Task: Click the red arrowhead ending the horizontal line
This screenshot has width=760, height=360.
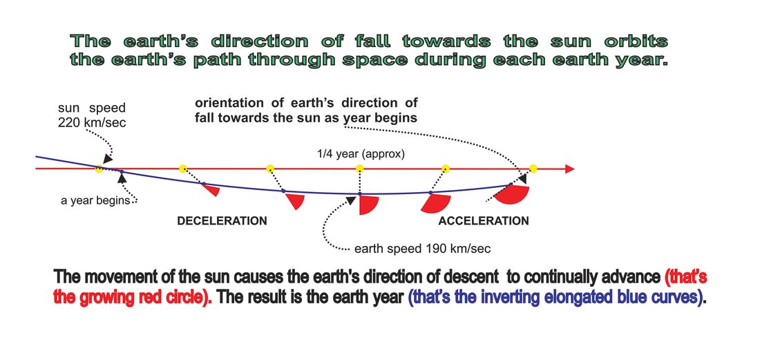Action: coord(570,169)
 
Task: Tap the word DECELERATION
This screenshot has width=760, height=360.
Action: coord(222,221)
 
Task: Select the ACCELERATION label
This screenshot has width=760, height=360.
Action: coord(484,221)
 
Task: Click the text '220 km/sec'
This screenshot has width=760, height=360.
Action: coord(92,122)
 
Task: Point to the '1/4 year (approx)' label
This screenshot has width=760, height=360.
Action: coord(359,155)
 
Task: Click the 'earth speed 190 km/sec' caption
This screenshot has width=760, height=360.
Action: coord(423,249)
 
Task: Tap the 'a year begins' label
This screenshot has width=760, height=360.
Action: coord(95,200)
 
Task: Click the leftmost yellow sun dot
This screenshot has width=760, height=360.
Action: coord(98,169)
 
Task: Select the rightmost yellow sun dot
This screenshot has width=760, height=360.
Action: coord(533,169)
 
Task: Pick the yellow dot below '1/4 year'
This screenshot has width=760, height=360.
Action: coord(360,168)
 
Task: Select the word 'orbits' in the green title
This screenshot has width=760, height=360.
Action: coord(636,41)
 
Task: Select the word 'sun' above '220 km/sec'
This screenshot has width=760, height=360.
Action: coord(68,108)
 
